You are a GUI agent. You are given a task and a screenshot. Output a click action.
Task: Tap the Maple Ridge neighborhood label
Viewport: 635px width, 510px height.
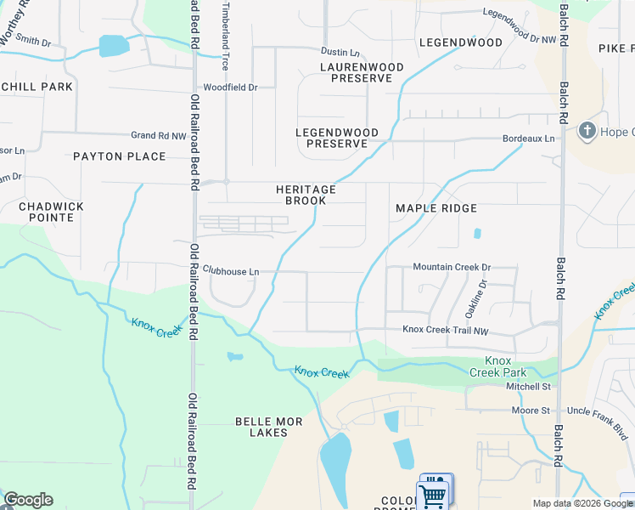[436, 208]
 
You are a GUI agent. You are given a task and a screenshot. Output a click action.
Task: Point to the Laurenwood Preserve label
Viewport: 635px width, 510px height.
[356, 72]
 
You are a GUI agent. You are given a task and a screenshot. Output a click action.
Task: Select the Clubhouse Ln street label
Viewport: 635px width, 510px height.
[230, 271]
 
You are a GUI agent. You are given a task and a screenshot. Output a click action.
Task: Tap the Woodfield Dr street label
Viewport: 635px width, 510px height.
[229, 87]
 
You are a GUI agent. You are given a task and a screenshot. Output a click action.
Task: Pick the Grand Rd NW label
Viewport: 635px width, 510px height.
[158, 135]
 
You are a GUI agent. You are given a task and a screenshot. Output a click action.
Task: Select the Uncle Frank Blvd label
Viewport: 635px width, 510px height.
[600, 411]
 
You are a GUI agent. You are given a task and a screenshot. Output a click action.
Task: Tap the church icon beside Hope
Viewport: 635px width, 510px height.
[586, 131]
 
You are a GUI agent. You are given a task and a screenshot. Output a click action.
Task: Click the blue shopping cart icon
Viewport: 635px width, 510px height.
[434, 494]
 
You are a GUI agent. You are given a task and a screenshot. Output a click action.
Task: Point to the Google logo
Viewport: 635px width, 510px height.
[28, 500]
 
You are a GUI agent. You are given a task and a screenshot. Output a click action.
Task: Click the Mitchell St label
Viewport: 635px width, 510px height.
[529, 387]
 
